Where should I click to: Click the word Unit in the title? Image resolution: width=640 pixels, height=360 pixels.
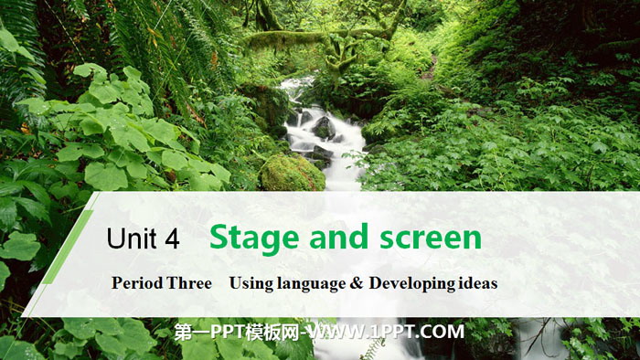[132, 238]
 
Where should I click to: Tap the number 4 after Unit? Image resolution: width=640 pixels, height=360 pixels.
[172, 238]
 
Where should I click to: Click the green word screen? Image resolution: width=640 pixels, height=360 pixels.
[431, 238]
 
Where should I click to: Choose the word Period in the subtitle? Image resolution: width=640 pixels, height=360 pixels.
[133, 283]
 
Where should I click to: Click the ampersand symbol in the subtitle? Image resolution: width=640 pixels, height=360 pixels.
[357, 283]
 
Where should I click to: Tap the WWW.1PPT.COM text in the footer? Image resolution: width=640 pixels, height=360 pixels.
[386, 332]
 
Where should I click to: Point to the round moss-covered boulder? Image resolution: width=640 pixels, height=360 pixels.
[293, 174]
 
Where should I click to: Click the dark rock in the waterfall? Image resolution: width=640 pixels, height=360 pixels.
[324, 128]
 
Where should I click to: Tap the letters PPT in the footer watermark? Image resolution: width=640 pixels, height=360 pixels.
[227, 333]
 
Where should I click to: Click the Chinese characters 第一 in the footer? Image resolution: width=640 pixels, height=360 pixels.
[191, 333]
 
